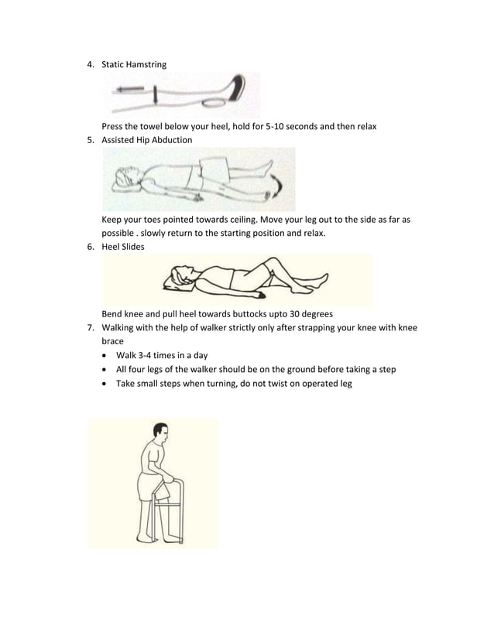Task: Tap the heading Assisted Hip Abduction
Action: [147, 140]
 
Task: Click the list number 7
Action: [90, 327]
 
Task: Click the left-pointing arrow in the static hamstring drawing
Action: [129, 91]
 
